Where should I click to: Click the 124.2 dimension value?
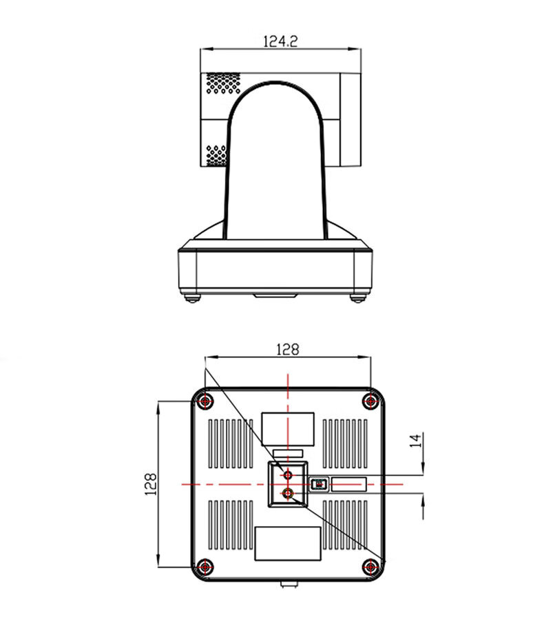[280, 41]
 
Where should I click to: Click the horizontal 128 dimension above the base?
[288, 350]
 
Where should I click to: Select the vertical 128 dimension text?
[151, 484]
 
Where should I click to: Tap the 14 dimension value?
[415, 441]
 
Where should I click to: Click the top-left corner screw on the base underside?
[205, 401]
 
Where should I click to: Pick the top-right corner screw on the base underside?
[370, 401]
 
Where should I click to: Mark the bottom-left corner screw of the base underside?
[205, 567]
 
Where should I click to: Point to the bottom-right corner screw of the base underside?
[370, 567]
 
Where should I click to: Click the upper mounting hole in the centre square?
[288, 475]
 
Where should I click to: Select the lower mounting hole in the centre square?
[288, 494]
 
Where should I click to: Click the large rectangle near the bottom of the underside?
[288, 543]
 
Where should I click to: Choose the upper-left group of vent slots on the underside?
[231, 443]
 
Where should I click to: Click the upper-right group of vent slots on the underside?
[345, 443]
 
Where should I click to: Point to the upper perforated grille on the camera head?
[223, 83]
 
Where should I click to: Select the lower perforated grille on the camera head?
[216, 155]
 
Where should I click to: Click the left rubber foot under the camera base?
[192, 298]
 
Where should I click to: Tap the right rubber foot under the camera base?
[357, 298]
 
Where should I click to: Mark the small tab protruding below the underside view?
[289, 584]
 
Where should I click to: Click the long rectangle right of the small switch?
[349, 484]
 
